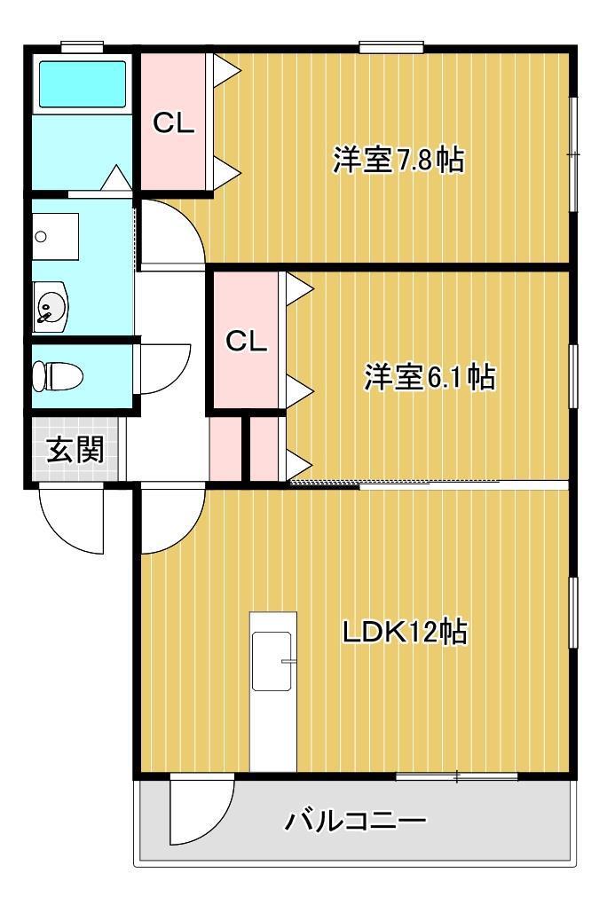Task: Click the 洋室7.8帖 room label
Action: click(x=398, y=160)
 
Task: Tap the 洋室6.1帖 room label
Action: click(x=430, y=376)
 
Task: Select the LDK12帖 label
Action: click(x=405, y=632)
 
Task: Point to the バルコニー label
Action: click(x=355, y=820)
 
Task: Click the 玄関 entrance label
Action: click(x=75, y=448)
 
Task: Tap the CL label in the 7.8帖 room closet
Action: click(x=173, y=123)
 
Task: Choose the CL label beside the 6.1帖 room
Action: click(x=246, y=342)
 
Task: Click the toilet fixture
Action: click(x=58, y=376)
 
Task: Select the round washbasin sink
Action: click(x=50, y=307)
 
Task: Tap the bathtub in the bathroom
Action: click(x=82, y=84)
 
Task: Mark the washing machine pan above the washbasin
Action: click(x=55, y=237)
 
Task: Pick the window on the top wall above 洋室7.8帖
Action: click(x=391, y=47)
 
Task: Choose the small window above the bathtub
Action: click(x=82, y=47)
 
